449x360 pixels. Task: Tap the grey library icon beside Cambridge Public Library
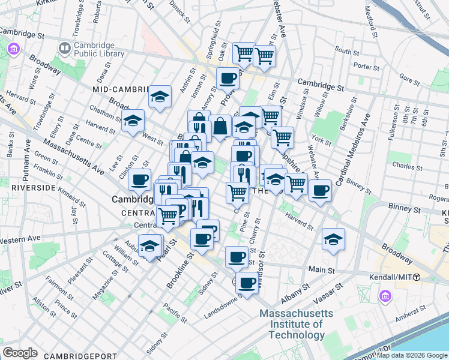point(64,47)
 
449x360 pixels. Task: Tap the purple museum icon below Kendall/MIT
point(385,296)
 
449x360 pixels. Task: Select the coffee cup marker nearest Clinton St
point(140,179)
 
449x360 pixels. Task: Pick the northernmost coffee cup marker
point(228,77)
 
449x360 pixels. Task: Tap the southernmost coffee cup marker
point(246,283)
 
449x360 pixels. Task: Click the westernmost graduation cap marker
point(133,119)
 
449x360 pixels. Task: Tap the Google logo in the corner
point(19,353)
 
